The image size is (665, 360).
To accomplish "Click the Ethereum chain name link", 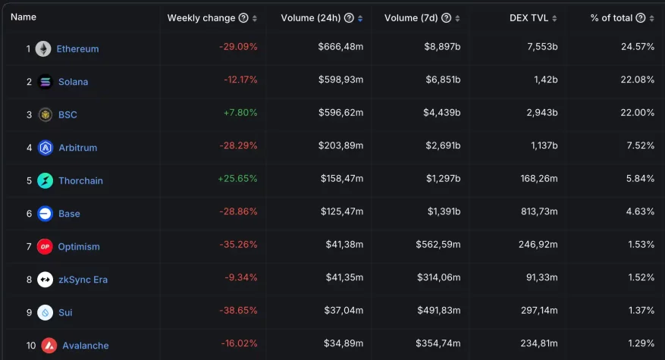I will [x=77, y=49].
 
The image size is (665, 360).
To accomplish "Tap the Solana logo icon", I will [x=45, y=82].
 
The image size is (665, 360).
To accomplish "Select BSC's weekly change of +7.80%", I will [x=240, y=113].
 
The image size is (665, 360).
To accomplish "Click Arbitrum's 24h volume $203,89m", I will [x=341, y=146].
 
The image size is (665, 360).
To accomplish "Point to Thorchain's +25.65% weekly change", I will [x=238, y=179].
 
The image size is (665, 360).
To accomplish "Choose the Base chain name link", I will [x=69, y=214].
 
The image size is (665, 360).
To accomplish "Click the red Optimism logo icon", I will [x=45, y=246].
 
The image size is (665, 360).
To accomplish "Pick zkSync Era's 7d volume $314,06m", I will [x=438, y=278].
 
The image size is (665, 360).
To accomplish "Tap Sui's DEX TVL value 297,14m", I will [x=537, y=311].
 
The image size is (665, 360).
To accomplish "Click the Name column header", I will [x=24, y=17].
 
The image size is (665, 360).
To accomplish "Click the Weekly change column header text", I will [x=201, y=18].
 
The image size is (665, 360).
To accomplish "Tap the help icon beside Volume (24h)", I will [x=348, y=18].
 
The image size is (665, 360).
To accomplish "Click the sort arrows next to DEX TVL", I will [x=554, y=18].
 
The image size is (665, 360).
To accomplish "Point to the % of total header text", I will [x=611, y=18].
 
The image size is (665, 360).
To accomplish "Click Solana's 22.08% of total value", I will [x=638, y=80].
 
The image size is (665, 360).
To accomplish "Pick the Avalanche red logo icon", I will [x=49, y=346].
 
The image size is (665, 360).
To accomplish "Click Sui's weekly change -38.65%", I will [x=239, y=311].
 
